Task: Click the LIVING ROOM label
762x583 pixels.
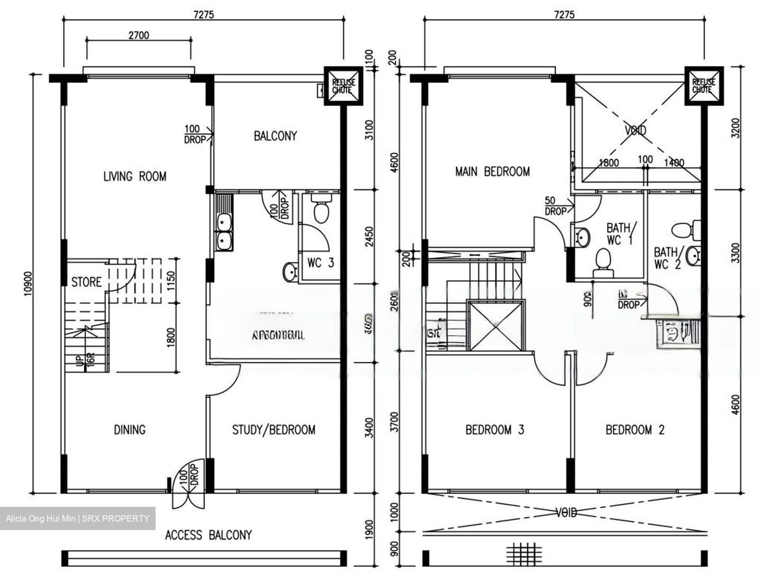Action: coord(134,176)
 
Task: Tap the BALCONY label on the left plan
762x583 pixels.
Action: coord(275,136)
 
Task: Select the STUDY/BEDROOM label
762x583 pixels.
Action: coord(274,430)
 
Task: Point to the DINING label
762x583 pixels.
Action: coord(130,430)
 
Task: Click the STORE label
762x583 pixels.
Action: coord(86,282)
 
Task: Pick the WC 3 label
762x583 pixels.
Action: coord(320,263)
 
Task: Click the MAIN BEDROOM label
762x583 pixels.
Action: coord(492,171)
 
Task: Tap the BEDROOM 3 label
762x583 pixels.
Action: coord(494,430)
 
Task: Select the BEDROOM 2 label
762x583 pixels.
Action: coord(634,430)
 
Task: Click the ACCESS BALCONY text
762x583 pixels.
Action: coord(208,535)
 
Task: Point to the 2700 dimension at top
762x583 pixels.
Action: coord(139,35)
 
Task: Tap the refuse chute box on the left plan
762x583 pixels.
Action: coord(343,86)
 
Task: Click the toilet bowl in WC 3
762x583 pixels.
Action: coord(321,210)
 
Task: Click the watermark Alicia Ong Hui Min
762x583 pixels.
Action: coord(77,518)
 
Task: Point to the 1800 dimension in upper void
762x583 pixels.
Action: coord(609,163)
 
